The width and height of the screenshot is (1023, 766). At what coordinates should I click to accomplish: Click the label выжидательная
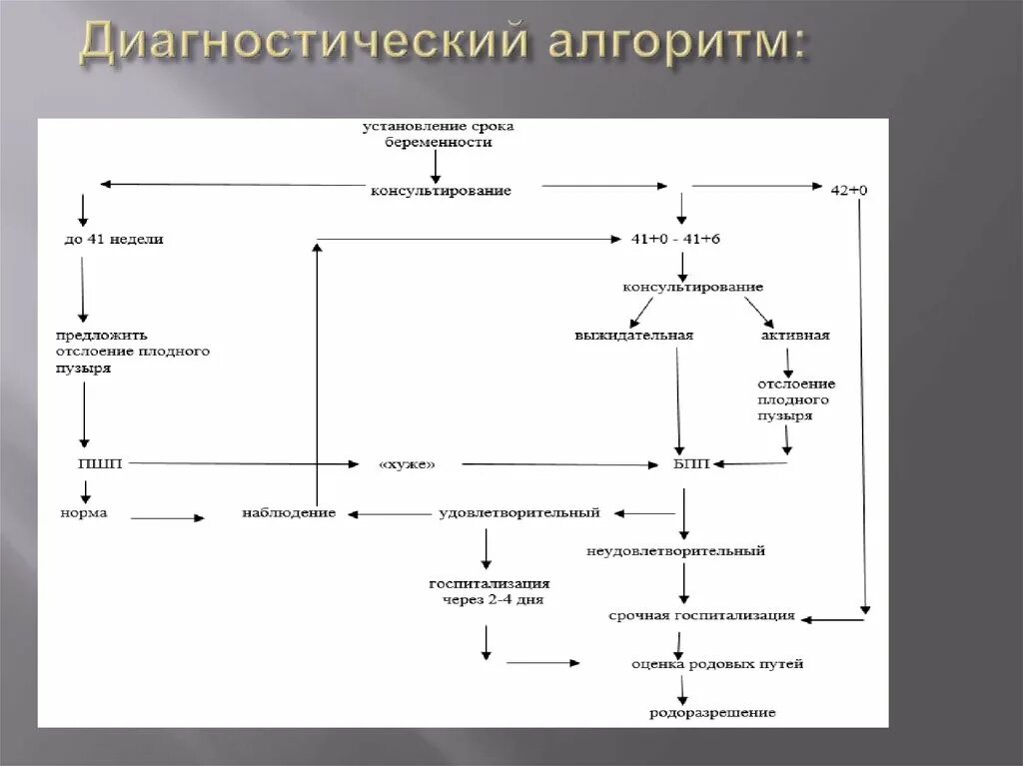[633, 336]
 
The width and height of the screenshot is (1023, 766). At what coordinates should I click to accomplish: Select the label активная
[795, 336]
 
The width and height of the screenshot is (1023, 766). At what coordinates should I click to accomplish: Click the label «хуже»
[408, 464]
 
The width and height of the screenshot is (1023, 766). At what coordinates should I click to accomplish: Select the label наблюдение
[289, 513]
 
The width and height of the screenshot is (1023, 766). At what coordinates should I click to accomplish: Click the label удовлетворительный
[519, 513]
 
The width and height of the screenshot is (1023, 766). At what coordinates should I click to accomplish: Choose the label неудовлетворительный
[676, 550]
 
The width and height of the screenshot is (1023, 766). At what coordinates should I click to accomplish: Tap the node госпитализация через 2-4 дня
[490, 591]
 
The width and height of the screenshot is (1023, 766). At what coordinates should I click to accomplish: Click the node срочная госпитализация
[701, 615]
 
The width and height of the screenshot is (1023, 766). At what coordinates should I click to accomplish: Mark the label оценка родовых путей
[716, 663]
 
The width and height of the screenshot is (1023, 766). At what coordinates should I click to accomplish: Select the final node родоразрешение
[711, 712]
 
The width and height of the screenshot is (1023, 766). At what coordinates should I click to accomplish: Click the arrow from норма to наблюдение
[167, 518]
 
